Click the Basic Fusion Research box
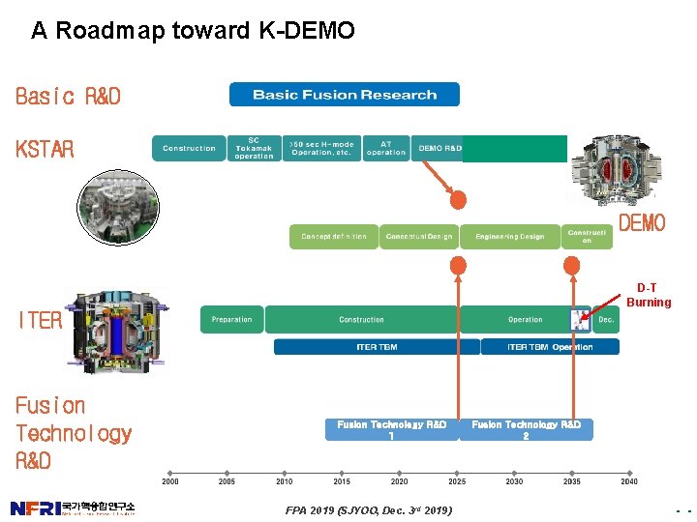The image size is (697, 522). click(344, 95)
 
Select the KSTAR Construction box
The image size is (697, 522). click(189, 148)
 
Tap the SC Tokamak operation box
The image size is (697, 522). click(254, 148)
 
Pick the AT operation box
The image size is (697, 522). click(386, 148)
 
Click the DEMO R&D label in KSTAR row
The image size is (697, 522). click(439, 148)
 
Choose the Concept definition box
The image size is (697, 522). click(334, 237)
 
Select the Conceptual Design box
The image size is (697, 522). click(418, 237)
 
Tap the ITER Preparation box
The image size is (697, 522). click(231, 320)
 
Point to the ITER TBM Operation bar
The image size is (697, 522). click(550, 347)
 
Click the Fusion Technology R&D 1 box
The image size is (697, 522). click(391, 429)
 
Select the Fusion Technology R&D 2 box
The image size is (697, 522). click(526, 429)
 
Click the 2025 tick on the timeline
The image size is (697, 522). click(457, 474)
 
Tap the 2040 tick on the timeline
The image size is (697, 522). click(629, 474)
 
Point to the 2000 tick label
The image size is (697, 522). click(170, 481)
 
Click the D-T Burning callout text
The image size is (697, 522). click(648, 295)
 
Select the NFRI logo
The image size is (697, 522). click(73, 507)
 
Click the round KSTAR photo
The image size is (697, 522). click(115, 205)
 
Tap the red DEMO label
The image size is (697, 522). click(642, 224)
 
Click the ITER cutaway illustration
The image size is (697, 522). click(115, 329)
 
